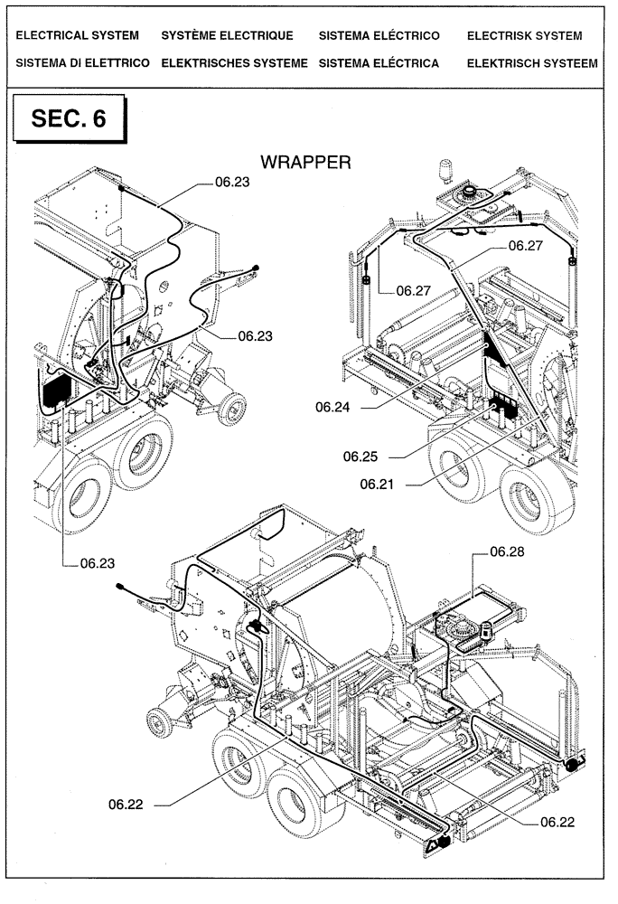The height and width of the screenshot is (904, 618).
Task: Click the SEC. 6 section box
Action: click(68, 119)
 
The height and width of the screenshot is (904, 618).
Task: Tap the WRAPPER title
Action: click(304, 162)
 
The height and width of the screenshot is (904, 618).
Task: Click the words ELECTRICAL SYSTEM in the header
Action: click(78, 36)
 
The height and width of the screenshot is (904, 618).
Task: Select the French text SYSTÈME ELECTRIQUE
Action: click(227, 36)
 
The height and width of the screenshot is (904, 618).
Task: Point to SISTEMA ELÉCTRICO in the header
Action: click(379, 36)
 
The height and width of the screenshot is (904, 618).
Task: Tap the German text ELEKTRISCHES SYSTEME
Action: click(234, 63)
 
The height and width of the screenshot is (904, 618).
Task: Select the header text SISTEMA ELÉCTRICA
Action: click(379, 63)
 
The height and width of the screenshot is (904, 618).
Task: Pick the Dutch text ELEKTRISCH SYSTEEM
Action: click(531, 63)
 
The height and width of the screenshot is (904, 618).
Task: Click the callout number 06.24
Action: click(332, 408)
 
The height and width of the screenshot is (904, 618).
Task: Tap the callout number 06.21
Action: click(377, 485)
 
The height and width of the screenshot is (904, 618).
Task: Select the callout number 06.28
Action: click(507, 551)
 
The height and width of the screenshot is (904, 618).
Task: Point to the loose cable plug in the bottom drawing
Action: click(120, 587)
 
